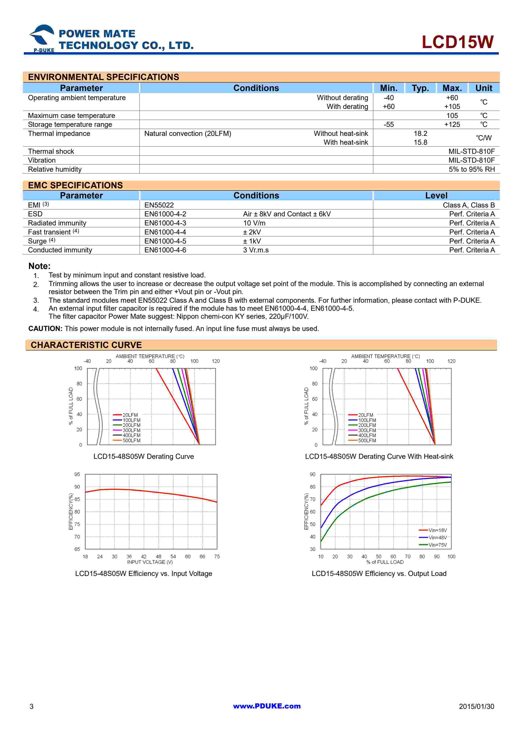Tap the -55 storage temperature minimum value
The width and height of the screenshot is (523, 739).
[x=388, y=125]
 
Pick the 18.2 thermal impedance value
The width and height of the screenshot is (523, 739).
[x=420, y=134]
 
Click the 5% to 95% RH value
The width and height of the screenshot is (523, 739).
[x=472, y=169]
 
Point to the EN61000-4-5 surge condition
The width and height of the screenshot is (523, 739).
[x=165, y=241]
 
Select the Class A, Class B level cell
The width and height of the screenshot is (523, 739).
[x=469, y=205]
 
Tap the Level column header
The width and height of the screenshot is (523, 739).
[x=436, y=195]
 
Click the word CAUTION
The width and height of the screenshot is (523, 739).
[x=45, y=329]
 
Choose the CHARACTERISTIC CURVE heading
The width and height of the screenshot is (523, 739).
[x=86, y=345]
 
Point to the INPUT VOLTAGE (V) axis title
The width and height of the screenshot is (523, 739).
[x=150, y=562]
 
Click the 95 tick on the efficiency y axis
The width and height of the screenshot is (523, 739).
[x=77, y=474]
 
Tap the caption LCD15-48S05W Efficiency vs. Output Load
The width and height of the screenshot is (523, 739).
[x=379, y=574]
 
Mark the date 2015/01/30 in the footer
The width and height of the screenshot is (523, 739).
[x=476, y=707]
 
